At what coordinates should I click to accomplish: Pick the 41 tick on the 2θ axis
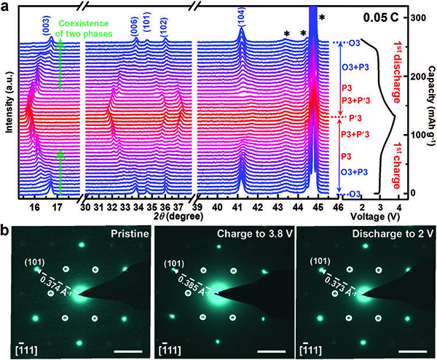[x=237, y=206]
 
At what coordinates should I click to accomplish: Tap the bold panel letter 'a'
[x=7, y=7]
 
